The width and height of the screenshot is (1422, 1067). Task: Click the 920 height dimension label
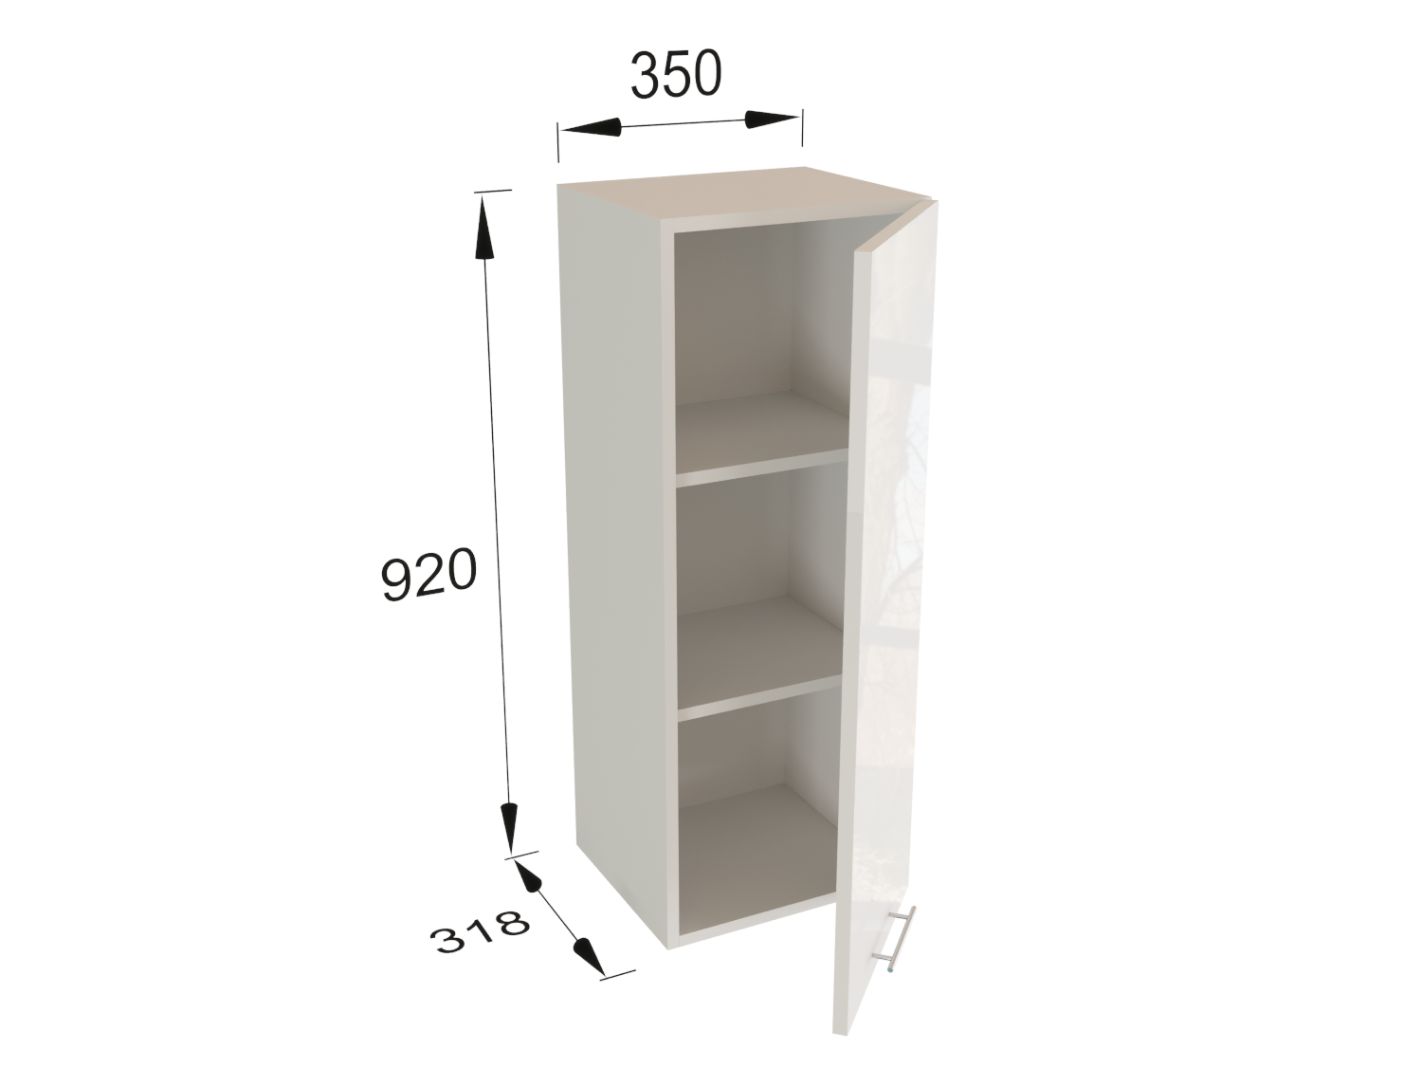click(428, 574)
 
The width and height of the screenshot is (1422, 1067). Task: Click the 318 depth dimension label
click(481, 932)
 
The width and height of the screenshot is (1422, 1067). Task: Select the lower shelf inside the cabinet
click(759, 655)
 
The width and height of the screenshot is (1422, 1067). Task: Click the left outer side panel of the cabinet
click(615, 557)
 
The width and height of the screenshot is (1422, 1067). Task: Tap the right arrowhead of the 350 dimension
click(771, 120)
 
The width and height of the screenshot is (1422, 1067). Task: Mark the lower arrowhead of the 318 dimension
click(589, 957)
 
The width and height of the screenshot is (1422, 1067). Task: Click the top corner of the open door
click(937, 201)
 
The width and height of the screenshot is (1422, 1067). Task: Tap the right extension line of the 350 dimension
click(802, 137)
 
